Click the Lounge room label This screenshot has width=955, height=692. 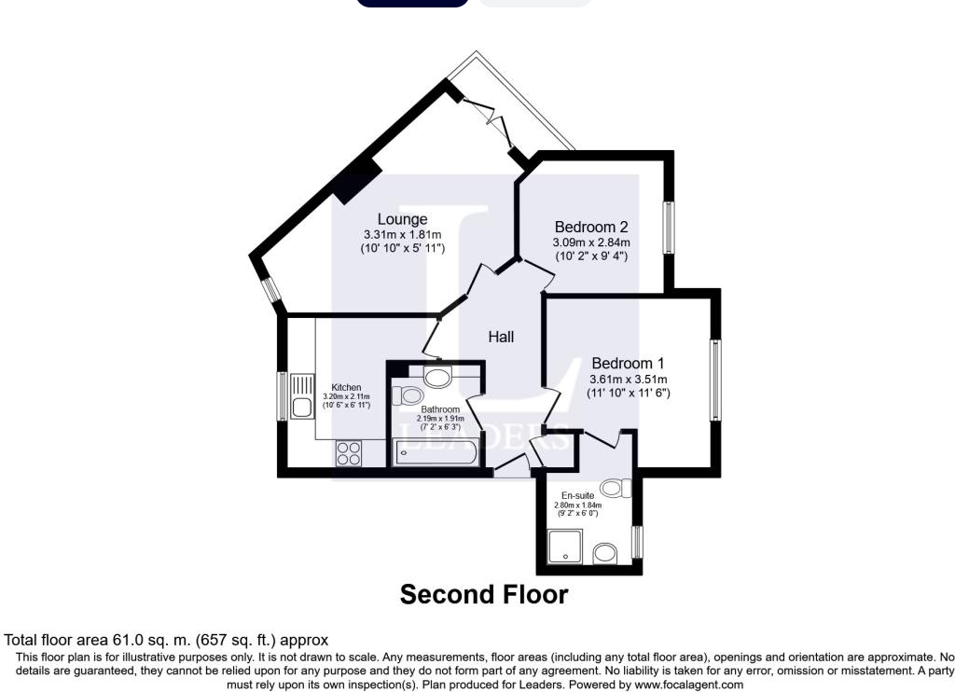(402, 219)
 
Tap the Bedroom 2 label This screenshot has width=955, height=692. (591, 227)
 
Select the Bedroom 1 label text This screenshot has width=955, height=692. (628, 363)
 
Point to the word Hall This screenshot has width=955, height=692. (501, 337)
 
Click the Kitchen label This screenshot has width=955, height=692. (347, 388)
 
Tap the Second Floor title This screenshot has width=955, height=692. (484, 594)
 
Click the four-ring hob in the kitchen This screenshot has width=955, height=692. (348, 453)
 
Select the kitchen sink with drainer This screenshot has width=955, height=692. (301, 396)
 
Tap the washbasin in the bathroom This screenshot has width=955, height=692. (437, 377)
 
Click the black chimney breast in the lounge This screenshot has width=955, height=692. (357, 180)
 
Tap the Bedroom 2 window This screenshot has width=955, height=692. (669, 226)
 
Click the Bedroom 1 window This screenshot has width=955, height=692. (715, 380)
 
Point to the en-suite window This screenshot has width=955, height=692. (638, 541)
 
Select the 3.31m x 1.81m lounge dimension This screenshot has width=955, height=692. (402, 234)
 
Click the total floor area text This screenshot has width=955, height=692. (167, 640)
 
